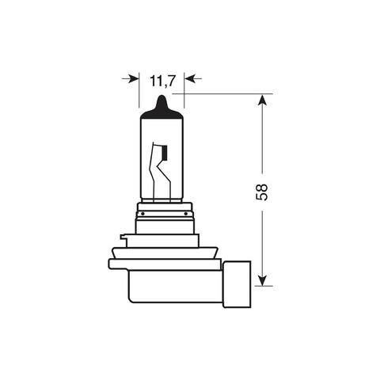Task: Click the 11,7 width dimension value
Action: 161,79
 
